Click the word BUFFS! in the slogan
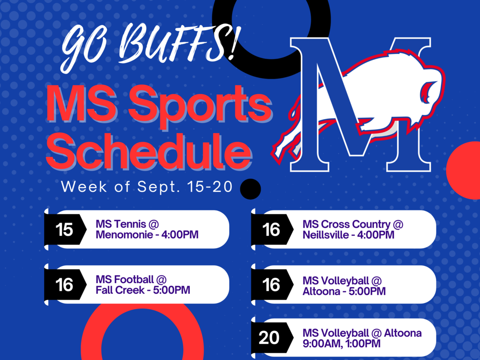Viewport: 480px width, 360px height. [x=178, y=43]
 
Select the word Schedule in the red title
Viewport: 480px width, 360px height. [x=149, y=151]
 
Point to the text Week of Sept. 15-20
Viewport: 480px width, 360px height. [x=147, y=187]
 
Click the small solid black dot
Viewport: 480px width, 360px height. [x=250, y=189]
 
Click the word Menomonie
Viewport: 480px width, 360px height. [x=124, y=235]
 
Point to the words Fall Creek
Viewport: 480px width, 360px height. [x=120, y=290]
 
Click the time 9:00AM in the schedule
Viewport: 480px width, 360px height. [x=321, y=344]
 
